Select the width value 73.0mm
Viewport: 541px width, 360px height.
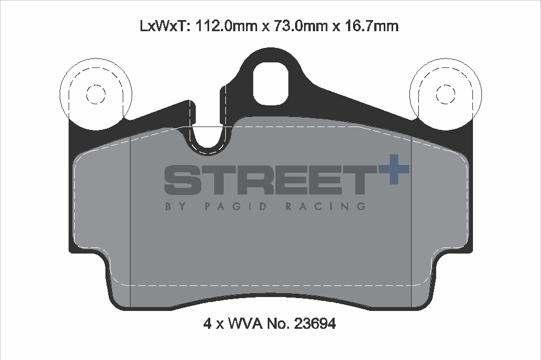tap(297, 26)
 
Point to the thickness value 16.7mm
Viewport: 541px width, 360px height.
tap(369, 26)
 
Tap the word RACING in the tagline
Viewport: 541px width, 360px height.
tap(325, 206)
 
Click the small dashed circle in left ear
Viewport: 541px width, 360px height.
tap(95, 94)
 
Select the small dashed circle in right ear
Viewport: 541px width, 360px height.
tap(445, 94)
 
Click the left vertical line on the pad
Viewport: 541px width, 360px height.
tap(130, 223)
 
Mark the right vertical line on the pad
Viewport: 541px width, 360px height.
tap(411, 223)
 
